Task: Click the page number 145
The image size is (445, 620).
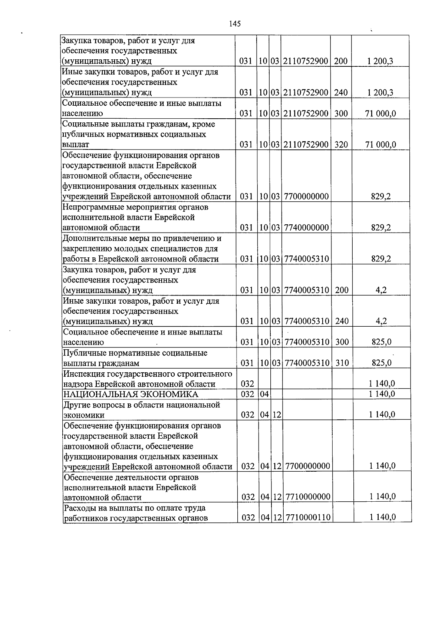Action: coord(235,24)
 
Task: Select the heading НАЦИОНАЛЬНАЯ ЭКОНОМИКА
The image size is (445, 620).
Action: coord(131,394)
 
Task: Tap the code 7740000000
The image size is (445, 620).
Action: coord(306,227)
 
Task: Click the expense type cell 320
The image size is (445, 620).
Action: coord(341,144)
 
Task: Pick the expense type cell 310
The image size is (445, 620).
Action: coord(342,363)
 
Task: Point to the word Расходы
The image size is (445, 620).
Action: coord(79,508)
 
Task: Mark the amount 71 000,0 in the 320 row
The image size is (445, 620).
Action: coord(380,144)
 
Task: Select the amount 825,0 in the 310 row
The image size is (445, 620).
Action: coord(382,363)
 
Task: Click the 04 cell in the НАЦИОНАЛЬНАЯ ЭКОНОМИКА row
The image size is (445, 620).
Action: coord(264,394)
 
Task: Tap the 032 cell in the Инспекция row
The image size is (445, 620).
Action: coord(247,384)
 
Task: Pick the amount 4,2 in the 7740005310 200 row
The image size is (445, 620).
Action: coord(381,290)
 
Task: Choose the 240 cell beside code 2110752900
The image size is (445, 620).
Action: coord(340,92)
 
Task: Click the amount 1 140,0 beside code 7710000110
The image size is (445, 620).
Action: coord(382,517)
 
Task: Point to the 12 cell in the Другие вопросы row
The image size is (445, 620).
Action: coord(277,415)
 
